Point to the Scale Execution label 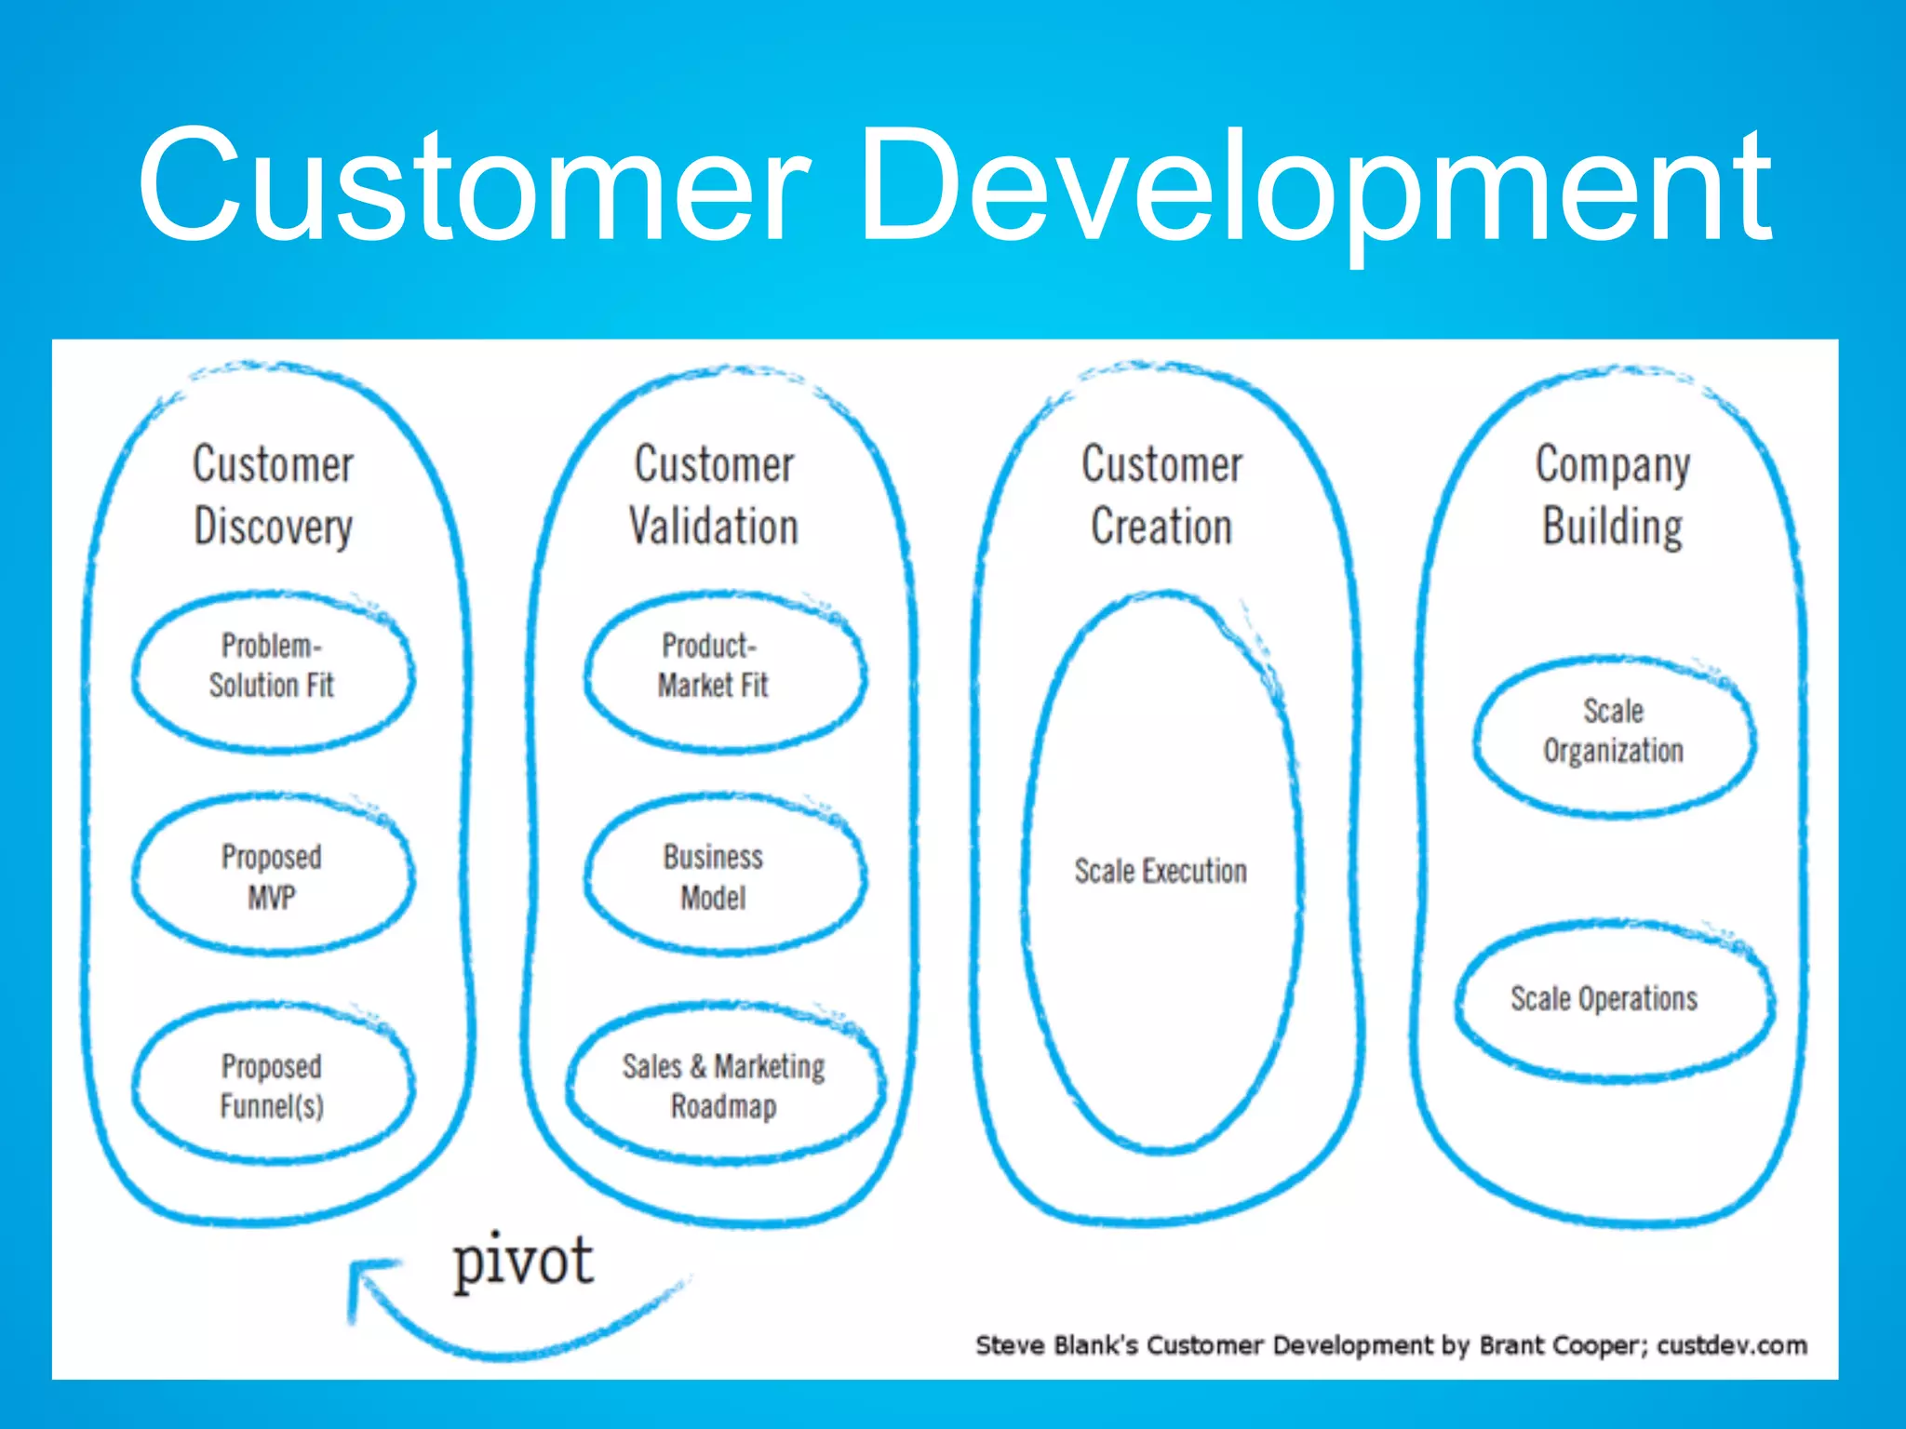(x=1161, y=872)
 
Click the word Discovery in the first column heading (x=273, y=527)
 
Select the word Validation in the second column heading (x=714, y=527)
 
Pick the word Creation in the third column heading (x=1161, y=527)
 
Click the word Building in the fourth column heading (x=1612, y=527)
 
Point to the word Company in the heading (x=1612, y=465)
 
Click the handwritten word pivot (x=523, y=1262)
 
